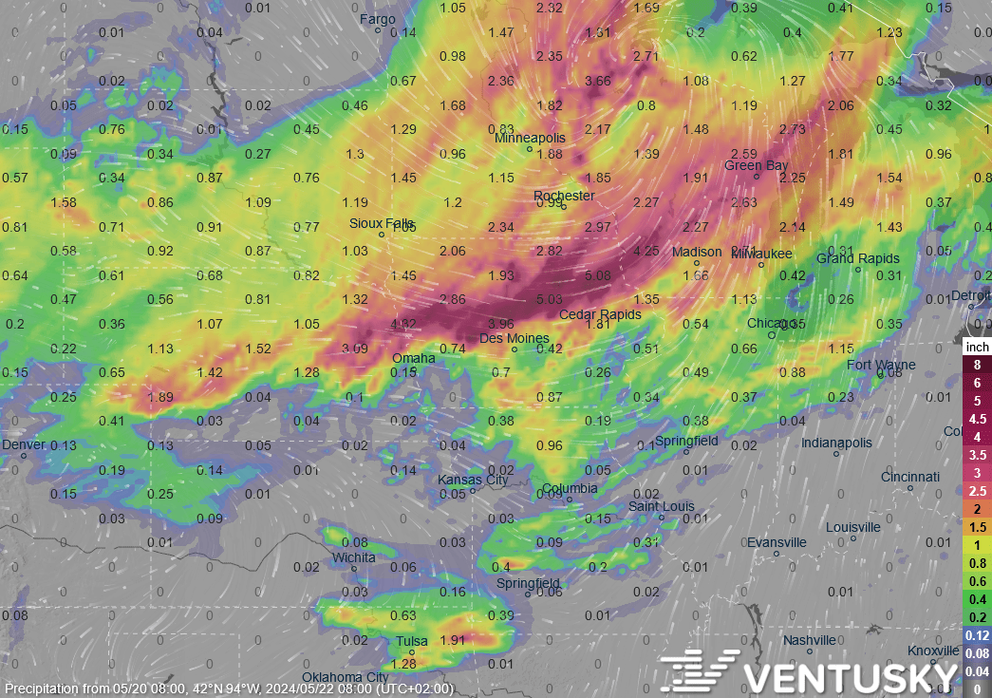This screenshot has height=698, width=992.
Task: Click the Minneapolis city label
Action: [530, 138]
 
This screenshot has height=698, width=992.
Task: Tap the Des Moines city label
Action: [514, 338]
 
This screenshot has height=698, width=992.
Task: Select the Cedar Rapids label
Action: [599, 314]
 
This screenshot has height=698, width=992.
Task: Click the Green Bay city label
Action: [756, 165]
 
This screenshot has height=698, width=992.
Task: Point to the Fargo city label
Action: [378, 19]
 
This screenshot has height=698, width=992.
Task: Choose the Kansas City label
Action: [472, 480]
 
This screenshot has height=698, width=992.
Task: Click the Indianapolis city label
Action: [835, 443]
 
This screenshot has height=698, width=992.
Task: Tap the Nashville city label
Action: [809, 640]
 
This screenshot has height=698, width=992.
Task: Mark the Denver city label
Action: [23, 444]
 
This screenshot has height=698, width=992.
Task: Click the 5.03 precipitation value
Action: [550, 300]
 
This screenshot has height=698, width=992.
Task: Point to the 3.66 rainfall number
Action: [598, 81]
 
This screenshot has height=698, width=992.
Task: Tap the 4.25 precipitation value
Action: [646, 252]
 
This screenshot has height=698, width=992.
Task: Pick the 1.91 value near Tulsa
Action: [454, 640]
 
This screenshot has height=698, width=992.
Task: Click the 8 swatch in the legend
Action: [977, 365]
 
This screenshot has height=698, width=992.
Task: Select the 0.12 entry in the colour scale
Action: [977, 634]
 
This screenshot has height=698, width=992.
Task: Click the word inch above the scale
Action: [977, 348]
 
